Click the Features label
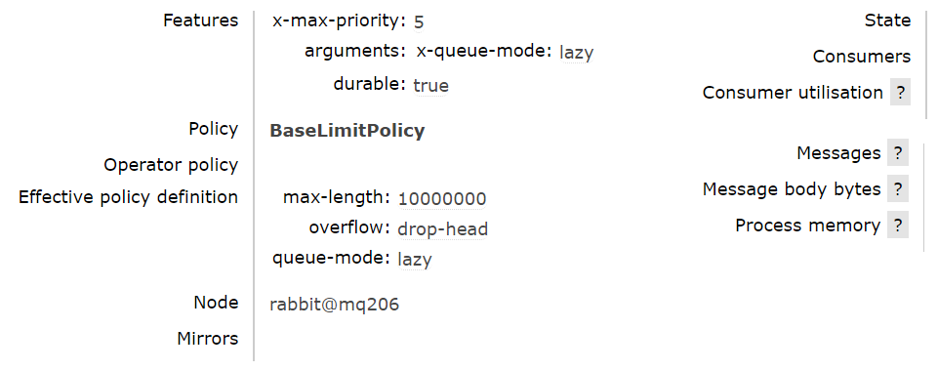tap(200, 20)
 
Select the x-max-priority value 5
tap(419, 21)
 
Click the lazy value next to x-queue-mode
tap(577, 53)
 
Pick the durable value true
tap(430, 85)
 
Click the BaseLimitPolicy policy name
tap(347, 131)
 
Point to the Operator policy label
tap(171, 164)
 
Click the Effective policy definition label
tap(128, 197)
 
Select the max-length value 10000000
tap(442, 199)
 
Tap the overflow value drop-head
tap(442, 229)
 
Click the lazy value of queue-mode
tap(414, 260)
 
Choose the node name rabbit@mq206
tap(334, 305)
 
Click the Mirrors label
tap(207, 339)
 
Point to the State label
tap(887, 20)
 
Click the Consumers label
tap(861, 57)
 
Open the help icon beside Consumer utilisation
tap(899, 93)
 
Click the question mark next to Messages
tap(898, 153)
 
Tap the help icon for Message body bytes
tap(898, 189)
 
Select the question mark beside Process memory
tap(898, 226)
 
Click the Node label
tap(216, 303)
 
